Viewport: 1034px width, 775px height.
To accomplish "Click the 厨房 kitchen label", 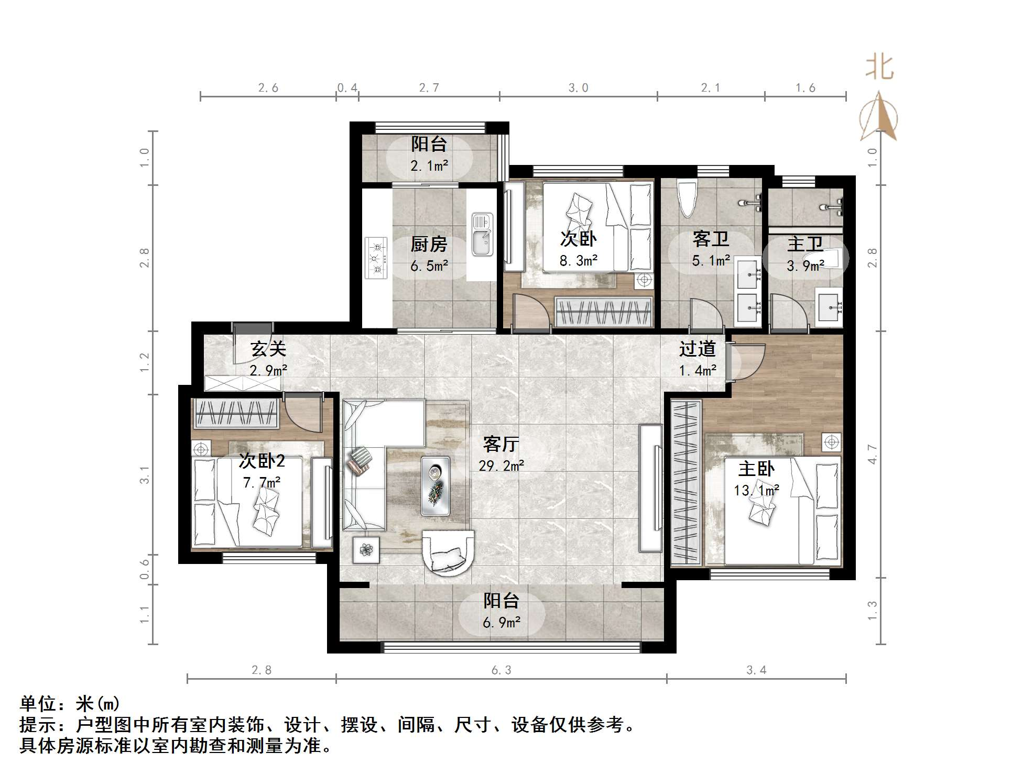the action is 429,244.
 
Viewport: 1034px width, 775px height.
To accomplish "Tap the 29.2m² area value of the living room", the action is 502,466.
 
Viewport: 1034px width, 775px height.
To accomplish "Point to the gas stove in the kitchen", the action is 376,258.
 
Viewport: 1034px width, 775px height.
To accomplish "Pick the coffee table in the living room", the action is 436,485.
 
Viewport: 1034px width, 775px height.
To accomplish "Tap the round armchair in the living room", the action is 448,553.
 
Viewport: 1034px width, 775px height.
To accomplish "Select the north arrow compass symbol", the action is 879,116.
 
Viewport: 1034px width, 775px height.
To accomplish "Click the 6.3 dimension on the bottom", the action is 501,670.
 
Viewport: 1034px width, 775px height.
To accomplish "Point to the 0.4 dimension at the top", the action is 347,88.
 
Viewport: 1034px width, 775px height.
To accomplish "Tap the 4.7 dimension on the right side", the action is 872,454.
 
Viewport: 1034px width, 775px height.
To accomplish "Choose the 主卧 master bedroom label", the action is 756,469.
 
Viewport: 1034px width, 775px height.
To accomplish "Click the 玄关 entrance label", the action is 268,349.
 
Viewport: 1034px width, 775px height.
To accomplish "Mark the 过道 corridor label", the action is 697,349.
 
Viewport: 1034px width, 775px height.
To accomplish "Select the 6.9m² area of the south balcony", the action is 502,623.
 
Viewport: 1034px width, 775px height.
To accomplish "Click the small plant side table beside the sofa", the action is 366,550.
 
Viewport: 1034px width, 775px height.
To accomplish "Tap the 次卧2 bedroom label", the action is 262,461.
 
